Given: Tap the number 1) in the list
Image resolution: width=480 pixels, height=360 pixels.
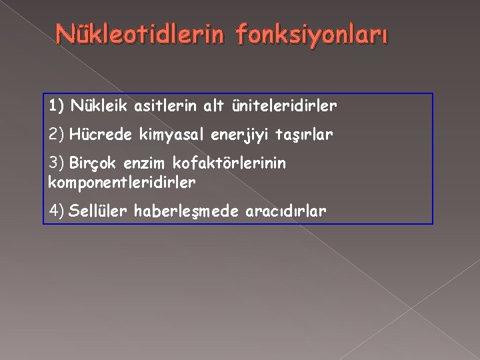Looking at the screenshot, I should click(55, 105).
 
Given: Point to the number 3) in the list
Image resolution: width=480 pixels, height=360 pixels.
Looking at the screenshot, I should click(55, 164).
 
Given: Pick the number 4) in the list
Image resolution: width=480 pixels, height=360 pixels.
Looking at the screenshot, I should click(56, 211).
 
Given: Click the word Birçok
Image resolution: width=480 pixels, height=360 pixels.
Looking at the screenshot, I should click(91, 164).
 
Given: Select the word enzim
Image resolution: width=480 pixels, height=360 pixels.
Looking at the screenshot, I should click(144, 164).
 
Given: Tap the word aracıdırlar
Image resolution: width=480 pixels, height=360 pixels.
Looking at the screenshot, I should click(285, 211).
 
